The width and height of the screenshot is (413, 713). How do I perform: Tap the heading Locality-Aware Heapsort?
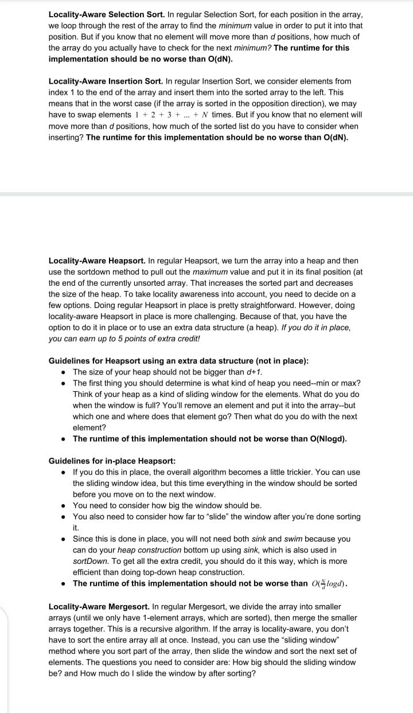97,260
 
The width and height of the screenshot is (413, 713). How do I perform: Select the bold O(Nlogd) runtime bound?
326,439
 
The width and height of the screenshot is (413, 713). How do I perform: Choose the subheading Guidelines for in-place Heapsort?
112,461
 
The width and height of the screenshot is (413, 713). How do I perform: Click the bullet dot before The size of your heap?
63,372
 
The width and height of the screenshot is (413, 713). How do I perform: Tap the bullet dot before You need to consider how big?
63,506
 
